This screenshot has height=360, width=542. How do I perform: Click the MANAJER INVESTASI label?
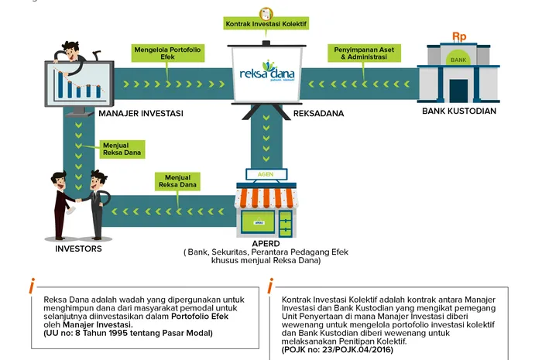click(140, 114)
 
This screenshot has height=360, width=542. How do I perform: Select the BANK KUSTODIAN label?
click(458, 111)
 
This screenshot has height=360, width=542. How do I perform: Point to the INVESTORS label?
click(77, 249)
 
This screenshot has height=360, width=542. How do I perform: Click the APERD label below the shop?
click(266, 243)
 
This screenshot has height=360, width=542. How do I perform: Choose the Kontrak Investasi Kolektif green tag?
click(266, 24)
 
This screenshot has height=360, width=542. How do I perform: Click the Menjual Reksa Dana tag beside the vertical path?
click(118, 148)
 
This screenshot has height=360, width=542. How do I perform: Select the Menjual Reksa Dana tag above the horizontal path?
click(177, 181)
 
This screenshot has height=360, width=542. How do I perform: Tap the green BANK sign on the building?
click(458, 59)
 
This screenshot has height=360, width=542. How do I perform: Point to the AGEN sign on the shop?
click(266, 174)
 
